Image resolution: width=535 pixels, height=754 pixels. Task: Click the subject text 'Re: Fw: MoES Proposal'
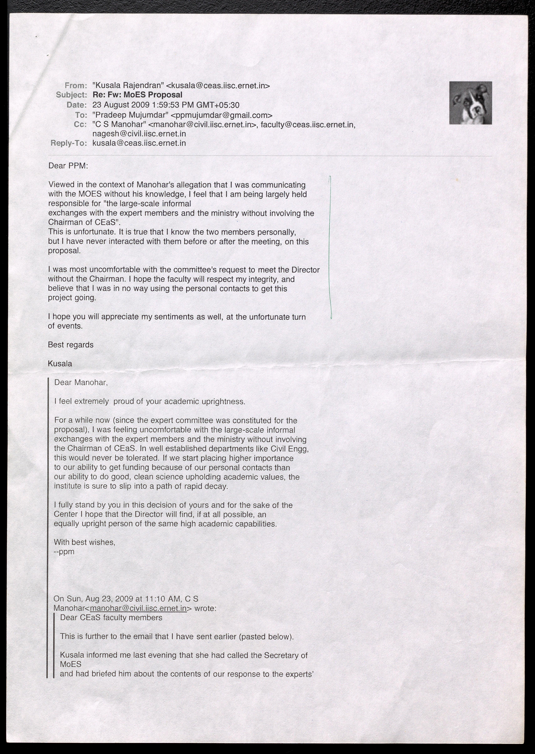pos(137,95)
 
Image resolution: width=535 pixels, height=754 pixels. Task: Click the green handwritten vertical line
pos(330,247)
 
